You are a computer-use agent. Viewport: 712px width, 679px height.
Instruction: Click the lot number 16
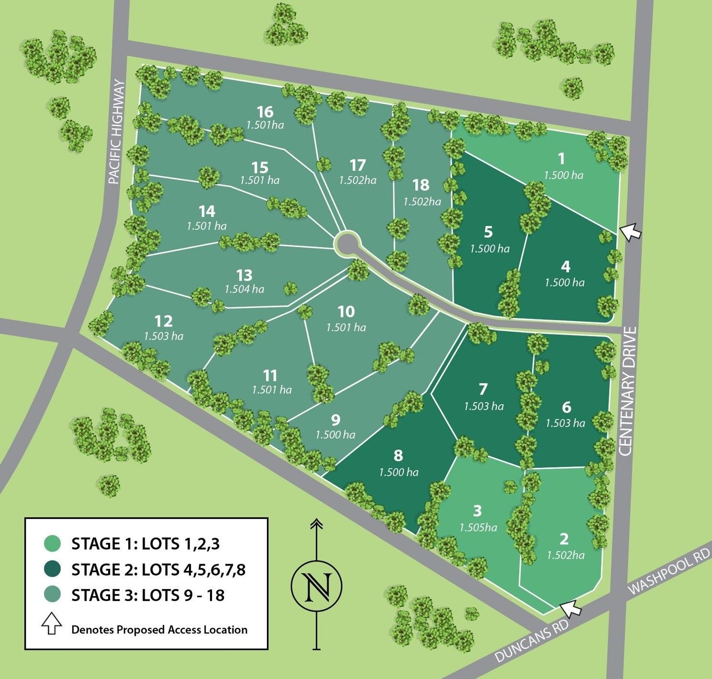(x=265, y=112)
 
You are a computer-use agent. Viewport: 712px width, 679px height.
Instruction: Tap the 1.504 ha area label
(x=245, y=289)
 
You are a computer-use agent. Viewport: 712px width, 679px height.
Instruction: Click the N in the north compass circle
(x=317, y=585)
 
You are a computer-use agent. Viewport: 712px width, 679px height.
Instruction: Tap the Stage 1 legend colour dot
(x=52, y=543)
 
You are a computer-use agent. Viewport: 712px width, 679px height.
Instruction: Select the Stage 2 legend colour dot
(x=52, y=569)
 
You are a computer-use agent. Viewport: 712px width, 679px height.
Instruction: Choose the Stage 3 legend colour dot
(x=52, y=595)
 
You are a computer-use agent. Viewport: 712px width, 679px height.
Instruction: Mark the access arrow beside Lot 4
(x=631, y=231)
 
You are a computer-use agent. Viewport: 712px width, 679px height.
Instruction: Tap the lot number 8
(x=399, y=455)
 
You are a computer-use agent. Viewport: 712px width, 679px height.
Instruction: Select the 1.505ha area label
(x=478, y=528)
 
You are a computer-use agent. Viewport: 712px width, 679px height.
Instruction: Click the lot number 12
(x=164, y=321)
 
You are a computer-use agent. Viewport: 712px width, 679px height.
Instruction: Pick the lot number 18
(x=421, y=185)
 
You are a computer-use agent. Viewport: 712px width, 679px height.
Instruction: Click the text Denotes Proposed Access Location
(x=159, y=629)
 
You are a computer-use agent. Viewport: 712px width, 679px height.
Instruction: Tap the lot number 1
(x=562, y=158)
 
